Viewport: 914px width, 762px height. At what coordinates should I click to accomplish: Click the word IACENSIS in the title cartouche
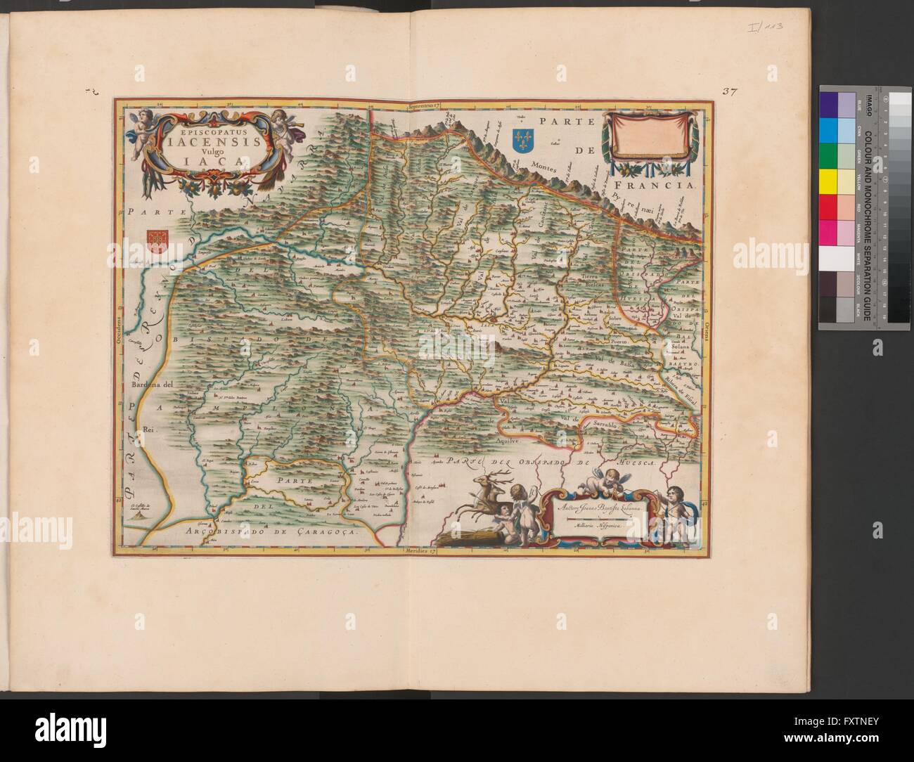click(x=209, y=143)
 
